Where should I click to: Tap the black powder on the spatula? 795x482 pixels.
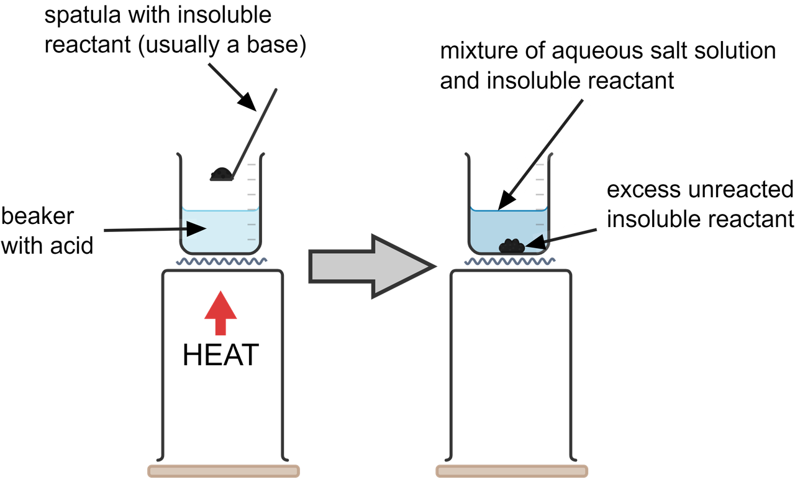219,174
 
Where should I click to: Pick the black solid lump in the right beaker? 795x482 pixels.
511,246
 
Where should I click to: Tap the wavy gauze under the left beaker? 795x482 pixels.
221,261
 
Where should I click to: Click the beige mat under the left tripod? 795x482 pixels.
224,471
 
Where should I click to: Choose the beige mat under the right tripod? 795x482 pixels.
512,471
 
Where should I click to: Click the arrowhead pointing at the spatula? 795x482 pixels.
248,100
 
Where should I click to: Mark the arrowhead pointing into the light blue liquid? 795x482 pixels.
198,229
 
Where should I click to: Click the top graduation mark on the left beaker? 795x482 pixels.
252,165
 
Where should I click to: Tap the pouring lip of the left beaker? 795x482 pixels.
178,154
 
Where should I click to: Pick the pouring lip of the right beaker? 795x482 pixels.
466,154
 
